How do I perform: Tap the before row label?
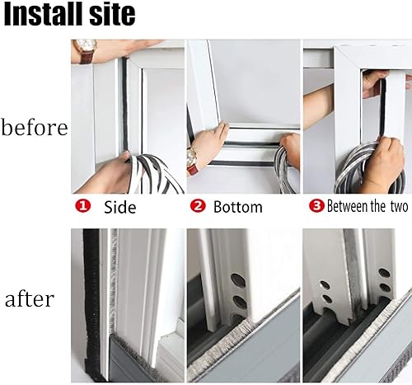(x=35, y=128)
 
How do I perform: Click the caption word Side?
(x=119, y=208)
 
